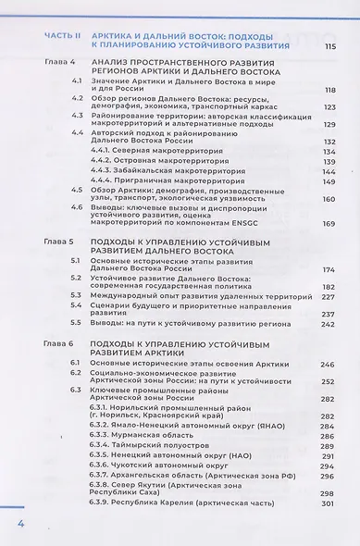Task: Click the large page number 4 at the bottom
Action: (18, 525)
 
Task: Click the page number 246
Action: (325, 366)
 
